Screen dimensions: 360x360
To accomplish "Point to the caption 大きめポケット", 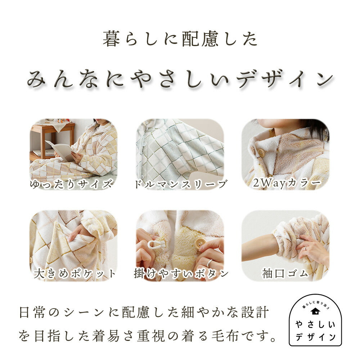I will (75, 274).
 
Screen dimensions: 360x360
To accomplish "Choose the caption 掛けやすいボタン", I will (181, 274).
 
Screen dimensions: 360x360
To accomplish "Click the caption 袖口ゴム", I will (285, 274).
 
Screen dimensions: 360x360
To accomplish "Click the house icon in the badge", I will (315, 311).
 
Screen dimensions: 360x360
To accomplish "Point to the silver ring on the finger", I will (209, 264).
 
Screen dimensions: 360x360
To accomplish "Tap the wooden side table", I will (54, 135).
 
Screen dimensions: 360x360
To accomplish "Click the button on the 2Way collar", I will (262, 153).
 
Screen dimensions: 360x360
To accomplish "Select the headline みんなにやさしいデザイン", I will (180, 78).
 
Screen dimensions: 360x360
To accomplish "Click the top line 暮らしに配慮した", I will (180, 39).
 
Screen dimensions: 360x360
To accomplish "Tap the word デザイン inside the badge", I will (315, 337).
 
